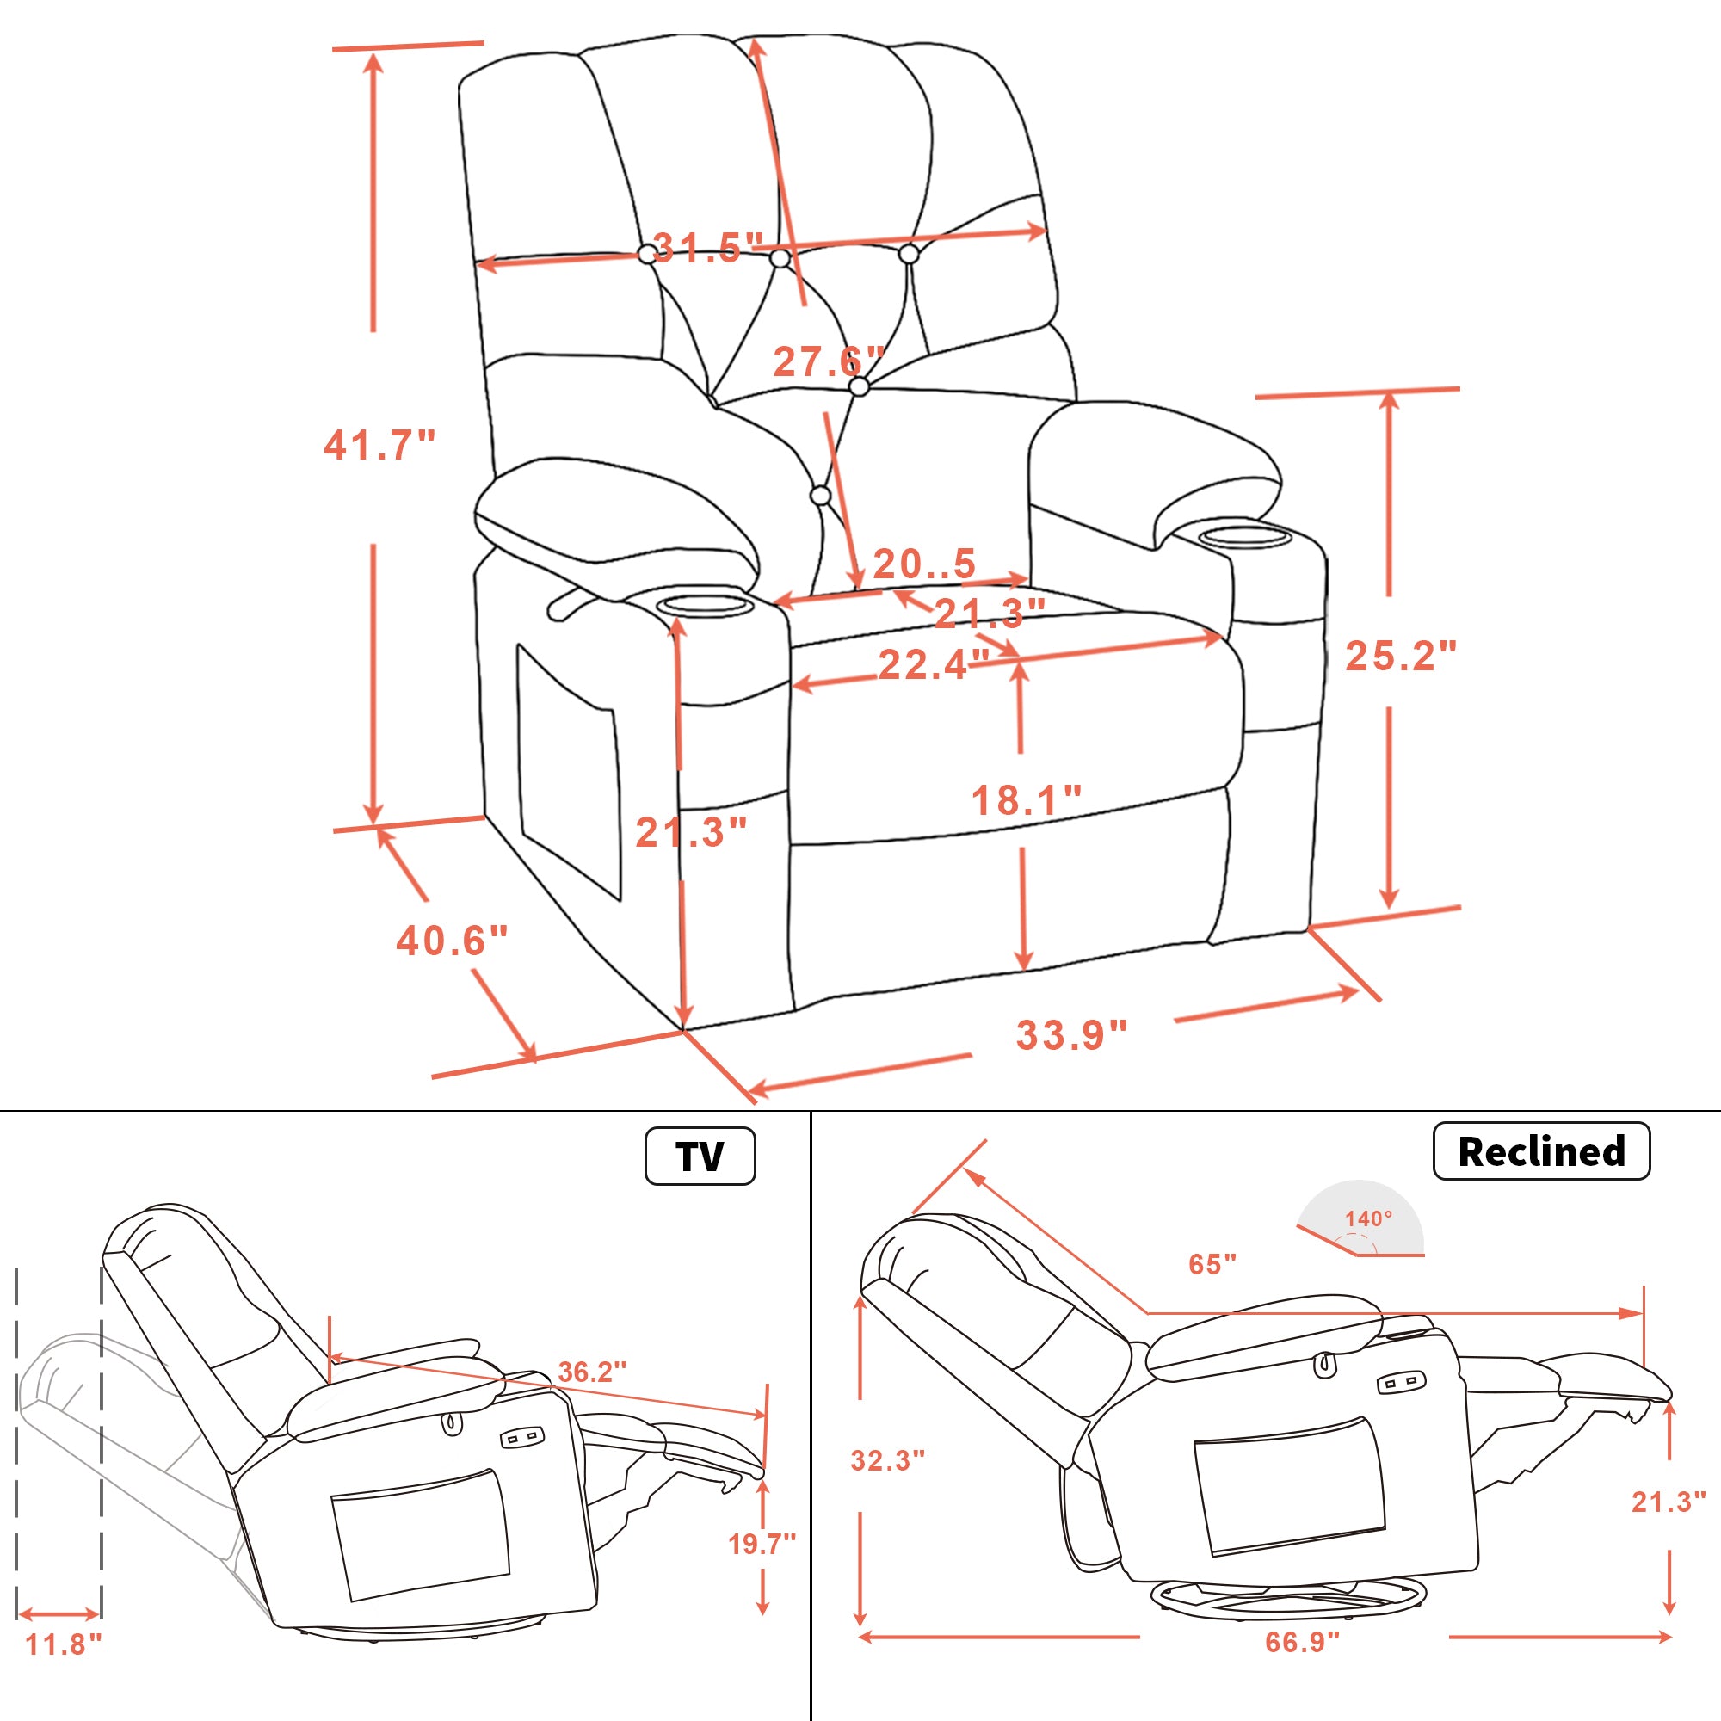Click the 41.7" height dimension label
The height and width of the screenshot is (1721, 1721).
tap(379, 445)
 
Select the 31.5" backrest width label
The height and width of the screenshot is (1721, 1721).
tap(708, 248)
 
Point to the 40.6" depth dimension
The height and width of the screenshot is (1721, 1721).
tap(452, 941)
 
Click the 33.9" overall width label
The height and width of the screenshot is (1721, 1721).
tap(1071, 1035)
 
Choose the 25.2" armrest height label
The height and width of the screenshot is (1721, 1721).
tap(1400, 656)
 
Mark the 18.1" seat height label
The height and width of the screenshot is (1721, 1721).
tap(1027, 800)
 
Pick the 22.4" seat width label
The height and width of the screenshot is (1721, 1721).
tap(934, 664)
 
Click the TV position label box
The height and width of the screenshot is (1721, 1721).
tap(700, 1157)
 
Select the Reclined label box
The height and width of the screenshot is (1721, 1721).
tap(1541, 1150)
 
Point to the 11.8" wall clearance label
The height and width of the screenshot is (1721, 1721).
tap(63, 1644)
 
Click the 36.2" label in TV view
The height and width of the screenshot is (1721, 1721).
tap(592, 1372)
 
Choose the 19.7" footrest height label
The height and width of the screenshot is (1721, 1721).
tap(762, 1544)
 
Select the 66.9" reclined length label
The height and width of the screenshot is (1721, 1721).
tap(1302, 1642)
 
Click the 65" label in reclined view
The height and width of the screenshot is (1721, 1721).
tap(1212, 1264)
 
